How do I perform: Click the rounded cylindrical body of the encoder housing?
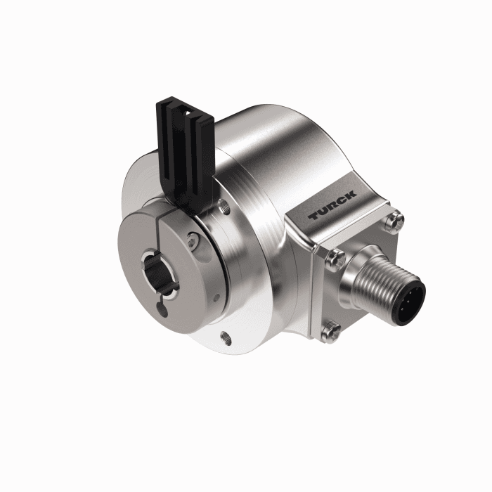(x=274, y=155)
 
